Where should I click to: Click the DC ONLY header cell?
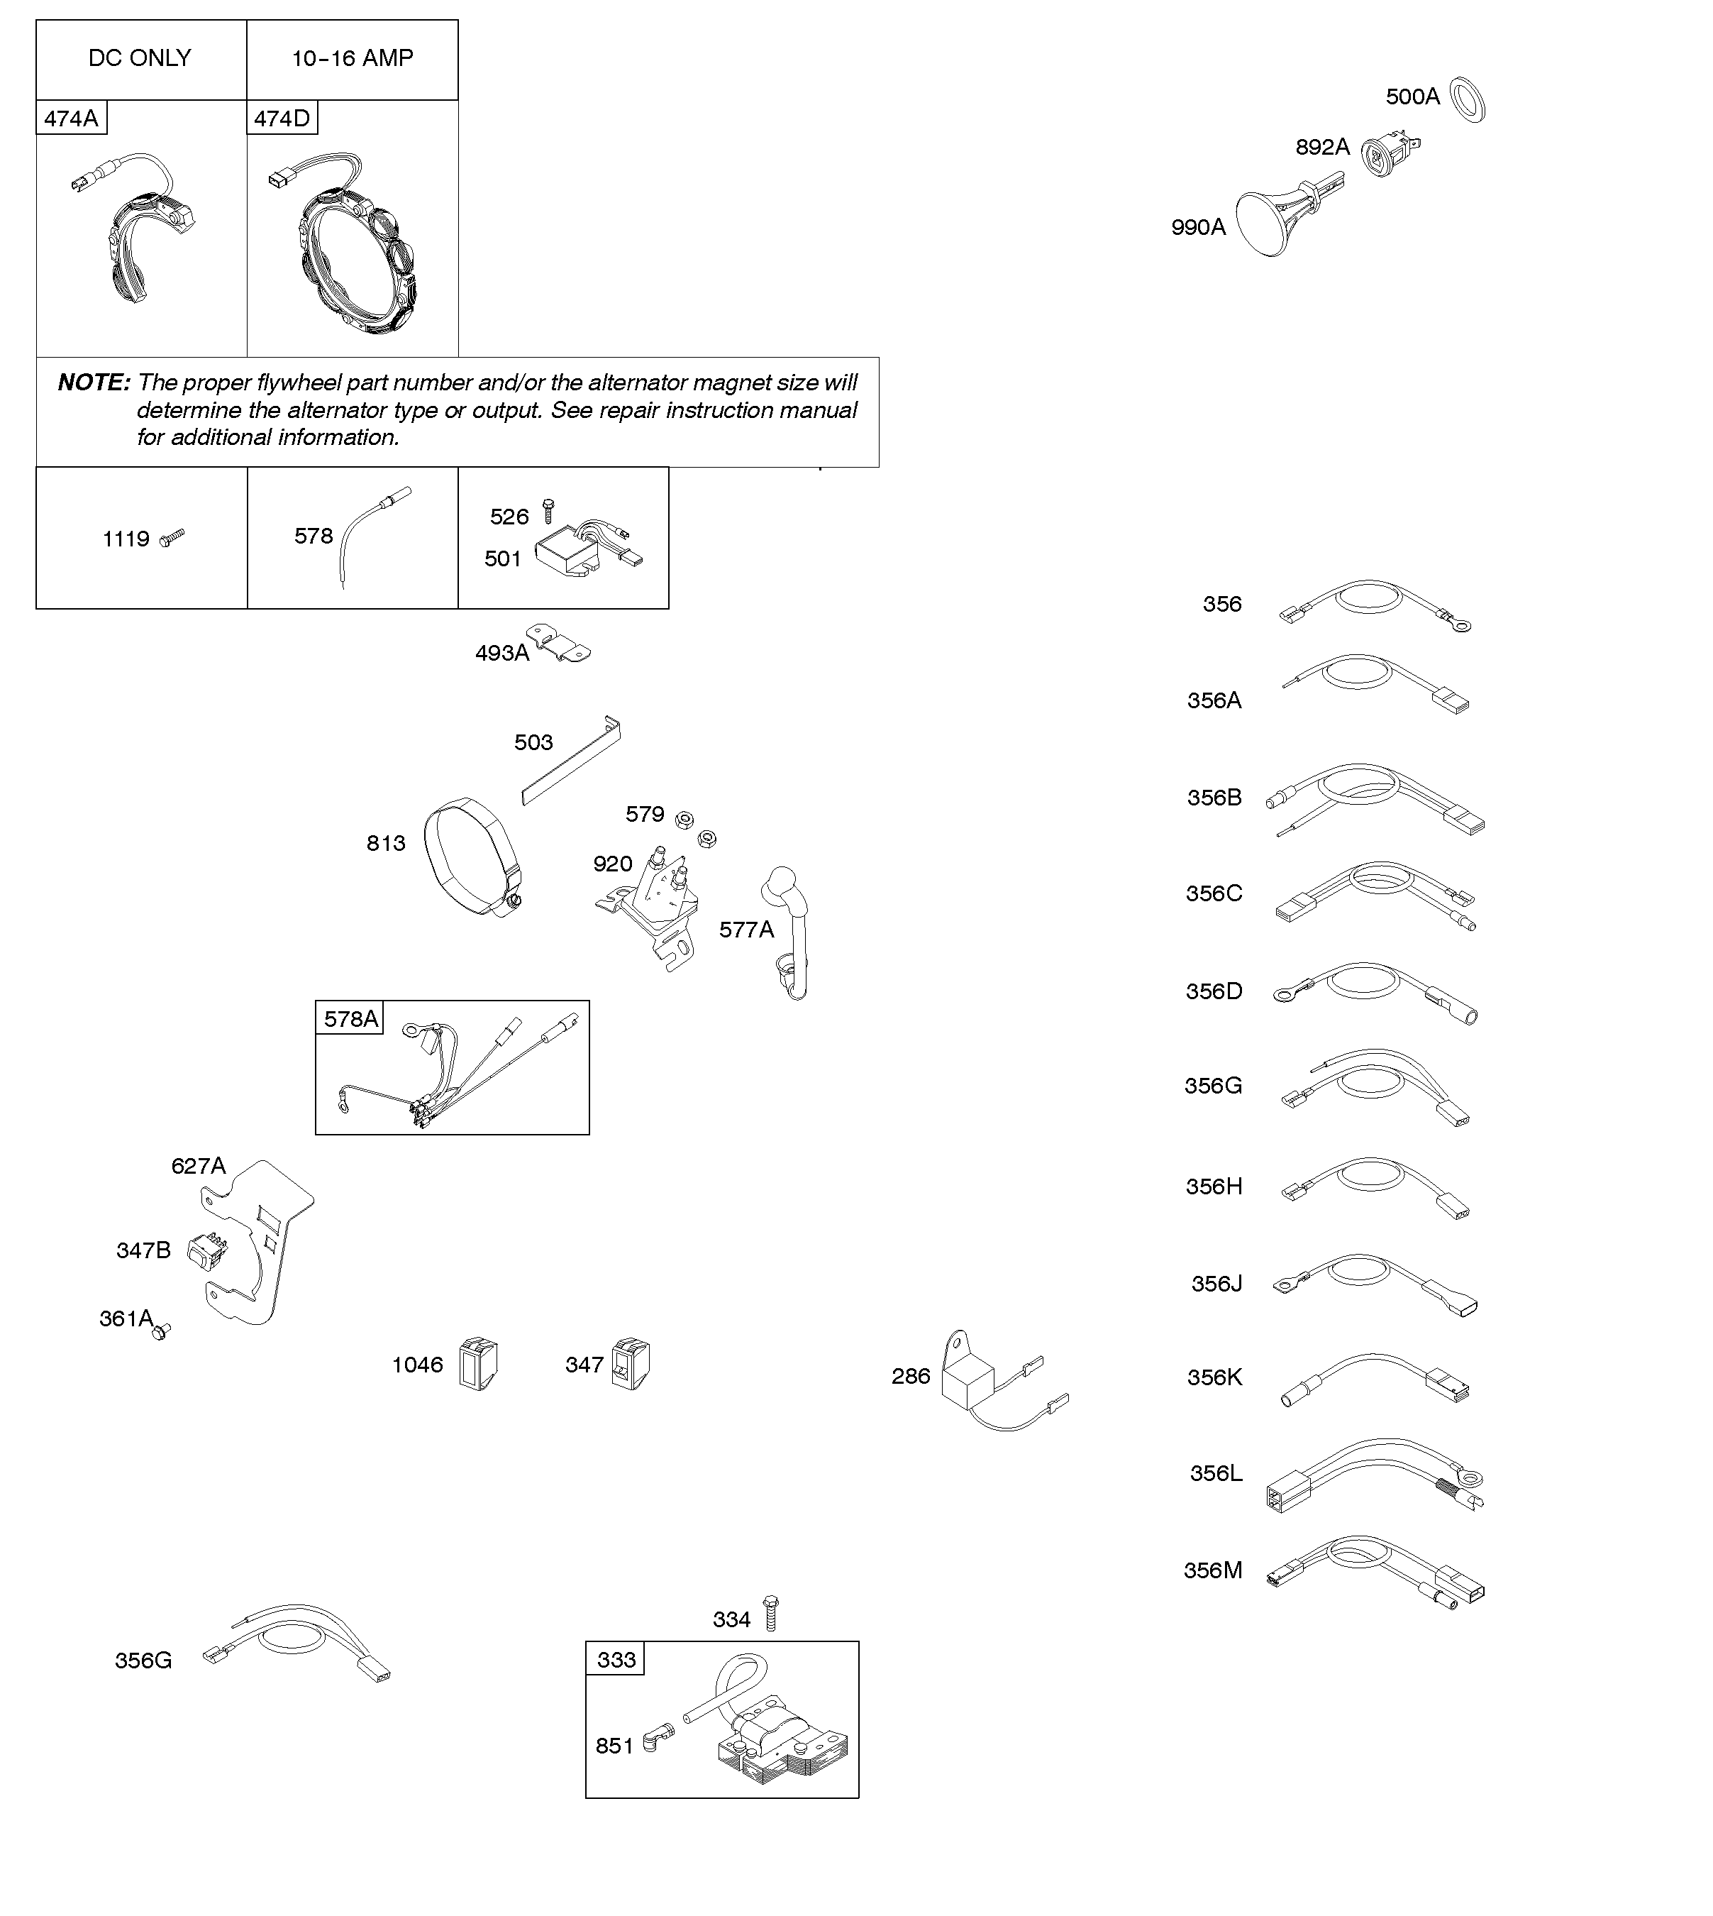pyautogui.click(x=140, y=58)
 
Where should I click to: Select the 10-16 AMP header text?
pyautogui.click(x=352, y=58)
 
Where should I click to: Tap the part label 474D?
pyautogui.click(x=282, y=119)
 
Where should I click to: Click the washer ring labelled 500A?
pyautogui.click(x=1466, y=100)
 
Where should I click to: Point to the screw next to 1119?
pyautogui.click(x=172, y=538)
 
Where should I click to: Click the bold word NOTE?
pyautogui.click(x=93, y=382)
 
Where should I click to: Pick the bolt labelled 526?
pyautogui.click(x=550, y=511)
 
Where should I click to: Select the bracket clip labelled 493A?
pyautogui.click(x=558, y=642)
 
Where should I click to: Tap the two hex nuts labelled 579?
pyautogui.click(x=697, y=827)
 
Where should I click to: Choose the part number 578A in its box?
pyautogui.click(x=350, y=1019)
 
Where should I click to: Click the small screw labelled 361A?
pyautogui.click(x=162, y=1331)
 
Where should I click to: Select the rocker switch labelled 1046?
pyautogui.click(x=478, y=1365)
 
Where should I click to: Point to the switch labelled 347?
pyautogui.click(x=631, y=1363)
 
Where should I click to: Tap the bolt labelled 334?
pyautogui.click(x=771, y=1613)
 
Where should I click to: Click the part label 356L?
pyautogui.click(x=1215, y=1473)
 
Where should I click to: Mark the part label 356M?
pyautogui.click(x=1212, y=1570)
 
